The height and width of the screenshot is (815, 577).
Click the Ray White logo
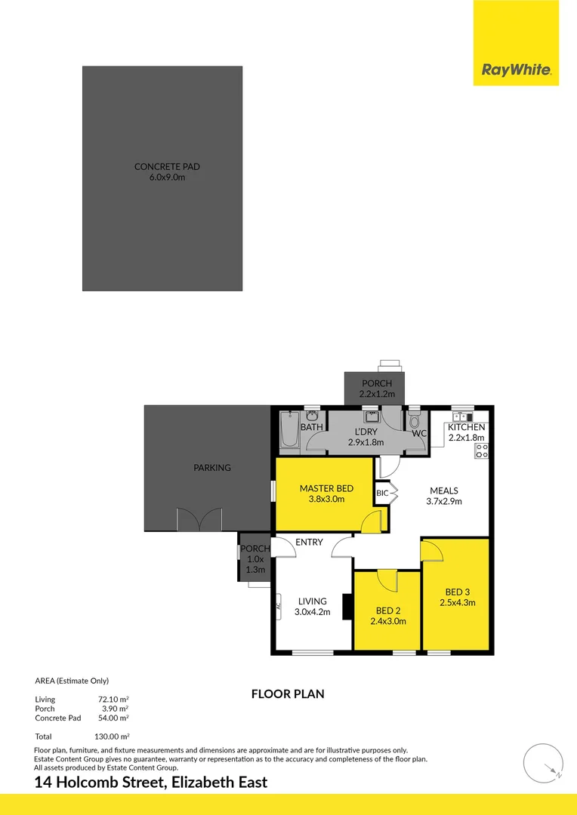516,72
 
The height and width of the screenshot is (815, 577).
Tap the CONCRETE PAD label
167,167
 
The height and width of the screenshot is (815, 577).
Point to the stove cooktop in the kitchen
481,451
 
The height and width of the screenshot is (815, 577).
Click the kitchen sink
461,417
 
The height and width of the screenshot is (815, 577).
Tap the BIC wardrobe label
381,493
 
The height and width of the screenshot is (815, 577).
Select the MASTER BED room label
326,488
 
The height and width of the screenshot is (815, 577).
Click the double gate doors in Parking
199,520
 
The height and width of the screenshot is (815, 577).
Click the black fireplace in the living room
347,607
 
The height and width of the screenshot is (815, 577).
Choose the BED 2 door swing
386,580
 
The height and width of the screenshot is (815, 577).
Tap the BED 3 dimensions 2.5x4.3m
457,602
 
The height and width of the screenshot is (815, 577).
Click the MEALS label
445,490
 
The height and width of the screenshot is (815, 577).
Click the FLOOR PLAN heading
288,694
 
